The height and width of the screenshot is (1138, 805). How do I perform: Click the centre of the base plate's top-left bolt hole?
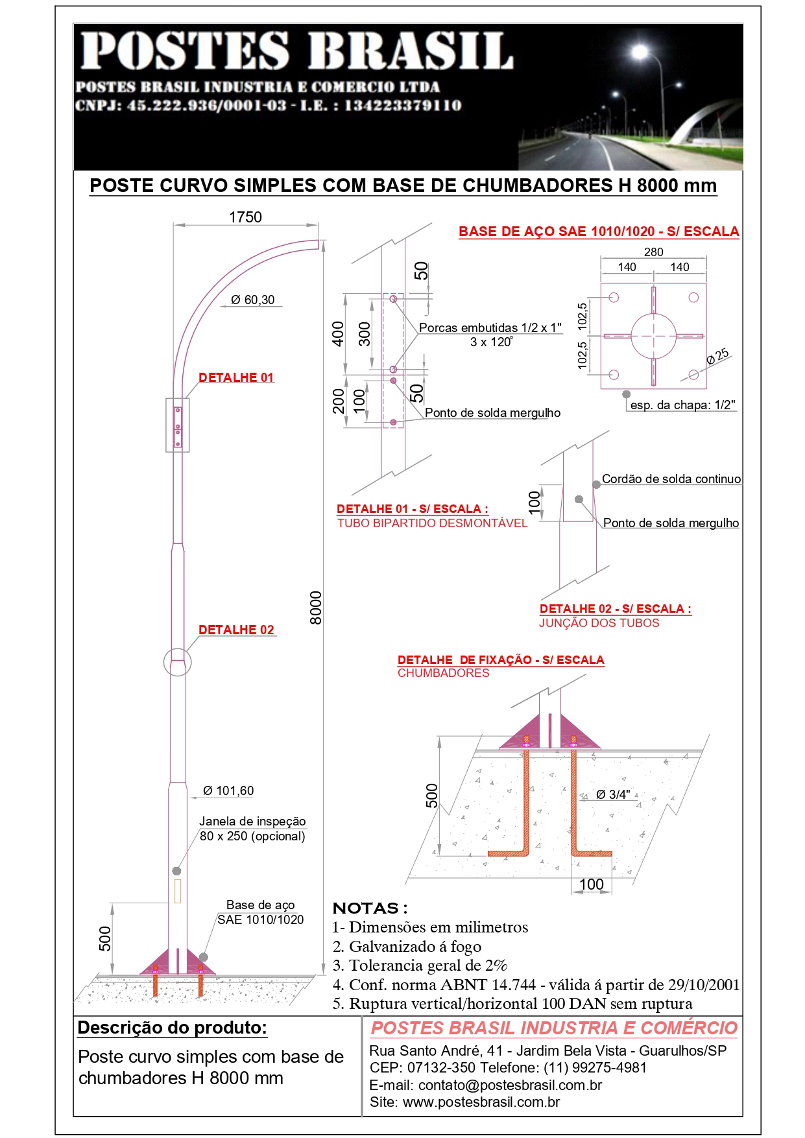point(614,298)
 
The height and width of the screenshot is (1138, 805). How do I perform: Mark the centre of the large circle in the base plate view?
point(653,336)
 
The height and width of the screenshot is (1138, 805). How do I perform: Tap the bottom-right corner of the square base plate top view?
point(706,389)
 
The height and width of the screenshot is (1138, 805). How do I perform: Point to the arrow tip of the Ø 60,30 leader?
point(221,306)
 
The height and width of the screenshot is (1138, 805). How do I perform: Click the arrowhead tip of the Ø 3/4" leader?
point(580,800)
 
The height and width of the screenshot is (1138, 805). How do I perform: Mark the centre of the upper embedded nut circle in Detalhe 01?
point(393,299)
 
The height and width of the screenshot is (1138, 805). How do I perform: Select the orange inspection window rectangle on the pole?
point(177,891)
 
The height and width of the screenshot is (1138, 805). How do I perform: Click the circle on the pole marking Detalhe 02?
point(177,662)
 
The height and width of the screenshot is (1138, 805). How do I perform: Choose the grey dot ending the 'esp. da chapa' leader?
point(626,394)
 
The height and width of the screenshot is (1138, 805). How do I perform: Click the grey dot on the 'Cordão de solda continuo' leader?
point(596,484)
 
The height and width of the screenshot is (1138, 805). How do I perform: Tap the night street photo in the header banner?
point(630,97)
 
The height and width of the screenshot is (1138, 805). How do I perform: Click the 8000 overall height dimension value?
point(316,608)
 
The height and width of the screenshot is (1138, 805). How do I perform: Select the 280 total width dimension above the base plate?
point(653,252)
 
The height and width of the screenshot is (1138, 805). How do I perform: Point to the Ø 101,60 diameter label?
point(228,790)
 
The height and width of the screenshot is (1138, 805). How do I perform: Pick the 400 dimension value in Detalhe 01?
point(338,334)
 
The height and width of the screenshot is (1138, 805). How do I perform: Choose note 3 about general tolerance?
point(420,966)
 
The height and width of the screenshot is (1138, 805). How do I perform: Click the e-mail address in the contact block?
point(510,1085)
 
